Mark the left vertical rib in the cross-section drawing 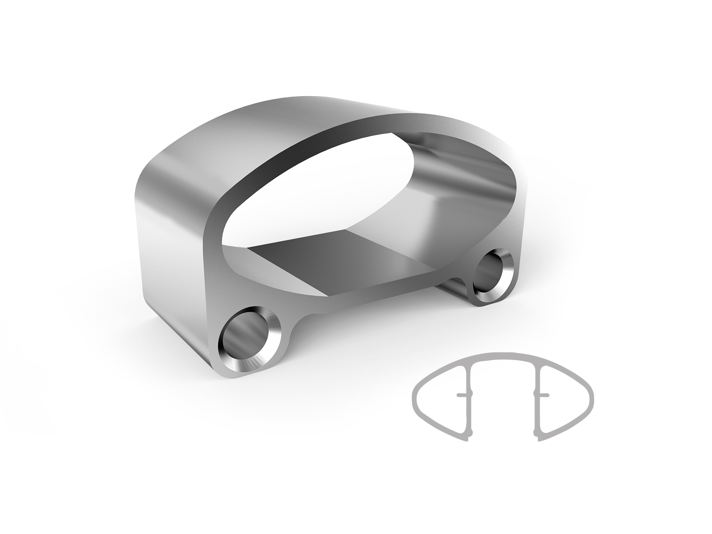(x=467, y=396)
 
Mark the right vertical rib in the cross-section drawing (x=538, y=396)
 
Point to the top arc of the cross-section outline (x=503, y=355)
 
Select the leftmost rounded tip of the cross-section (x=414, y=395)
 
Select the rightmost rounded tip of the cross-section (x=592, y=395)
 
